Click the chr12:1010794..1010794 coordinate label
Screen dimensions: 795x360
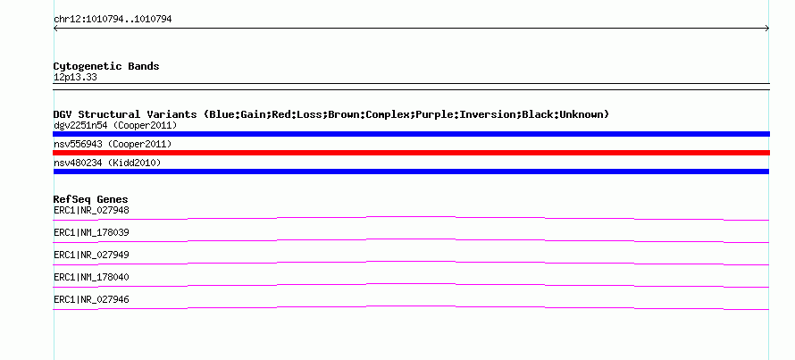113,20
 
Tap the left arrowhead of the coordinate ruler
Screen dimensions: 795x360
54,29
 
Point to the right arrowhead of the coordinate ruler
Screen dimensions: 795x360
767,29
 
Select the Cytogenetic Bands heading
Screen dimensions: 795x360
106,66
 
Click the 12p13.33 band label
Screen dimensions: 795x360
75,78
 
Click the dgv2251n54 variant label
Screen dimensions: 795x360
80,125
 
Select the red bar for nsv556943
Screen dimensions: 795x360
411,153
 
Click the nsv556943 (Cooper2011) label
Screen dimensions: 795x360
113,145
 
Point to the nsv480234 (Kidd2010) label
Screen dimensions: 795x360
107,163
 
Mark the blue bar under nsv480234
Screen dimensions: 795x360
411,172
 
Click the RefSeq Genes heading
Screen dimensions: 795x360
91,199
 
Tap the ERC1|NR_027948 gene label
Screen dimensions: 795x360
91,210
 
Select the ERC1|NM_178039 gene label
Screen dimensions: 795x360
91,233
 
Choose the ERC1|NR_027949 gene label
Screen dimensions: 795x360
91,255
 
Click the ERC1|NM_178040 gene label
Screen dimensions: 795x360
91,277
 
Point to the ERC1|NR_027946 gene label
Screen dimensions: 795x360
91,299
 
